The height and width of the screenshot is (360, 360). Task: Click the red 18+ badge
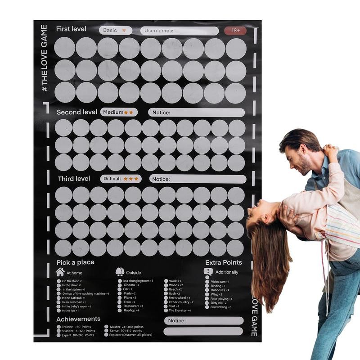coord(235,31)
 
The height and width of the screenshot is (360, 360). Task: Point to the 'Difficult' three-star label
coord(121,179)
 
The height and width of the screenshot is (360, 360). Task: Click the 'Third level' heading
coord(74,179)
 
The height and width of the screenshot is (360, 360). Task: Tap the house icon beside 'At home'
coord(60,272)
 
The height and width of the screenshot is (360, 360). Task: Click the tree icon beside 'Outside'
coord(120,272)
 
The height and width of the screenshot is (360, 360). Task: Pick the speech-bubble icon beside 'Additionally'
coord(208,272)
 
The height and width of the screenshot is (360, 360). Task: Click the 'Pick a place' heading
coord(75,262)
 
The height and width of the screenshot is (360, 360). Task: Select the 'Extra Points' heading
coord(223,262)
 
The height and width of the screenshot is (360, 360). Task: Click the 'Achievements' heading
coord(78,319)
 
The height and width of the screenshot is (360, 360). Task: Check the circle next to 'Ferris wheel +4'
coord(166,298)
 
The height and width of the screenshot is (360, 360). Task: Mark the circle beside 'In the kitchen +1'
coord(59,289)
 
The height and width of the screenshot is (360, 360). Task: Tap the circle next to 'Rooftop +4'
coord(120,310)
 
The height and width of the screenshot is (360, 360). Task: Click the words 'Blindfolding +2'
coord(220,307)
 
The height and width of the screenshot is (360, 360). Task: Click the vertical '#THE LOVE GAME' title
coord(44,58)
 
